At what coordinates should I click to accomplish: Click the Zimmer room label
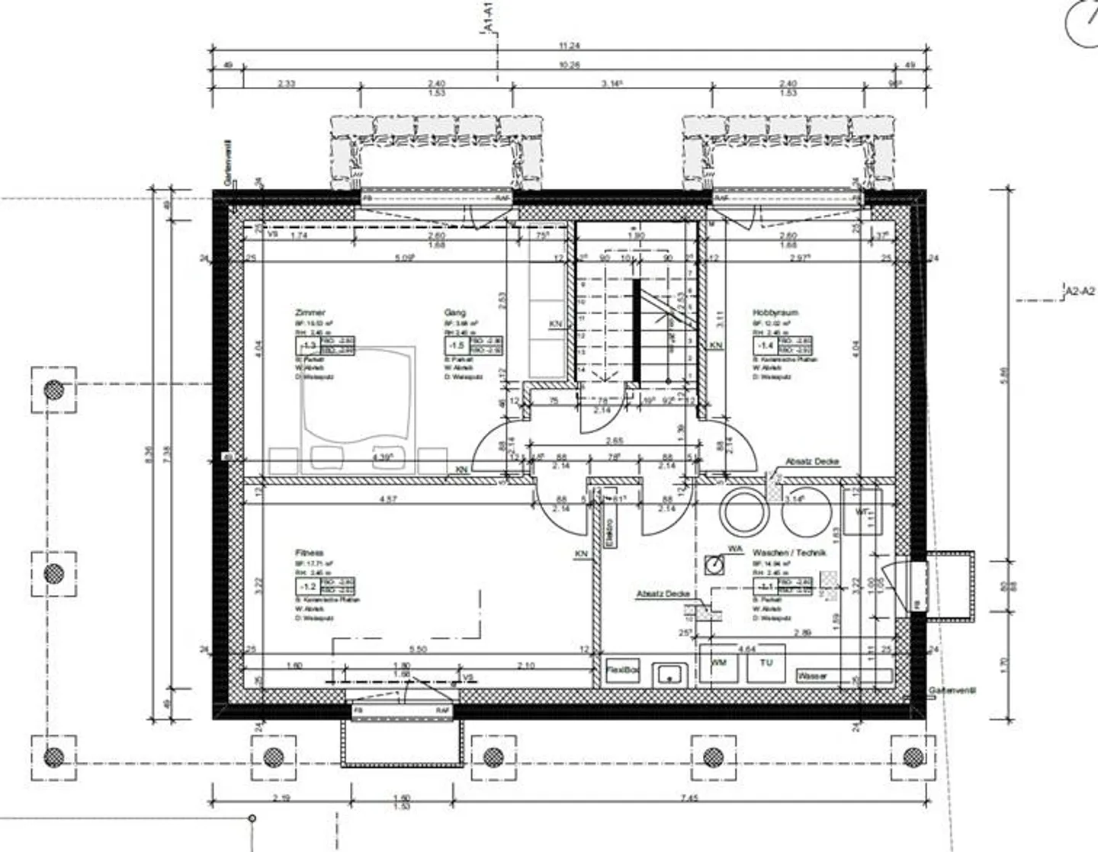[x=310, y=312]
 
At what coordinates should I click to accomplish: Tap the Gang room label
[x=454, y=312]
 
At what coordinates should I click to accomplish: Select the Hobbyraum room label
[x=775, y=312]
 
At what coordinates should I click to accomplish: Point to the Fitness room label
[x=310, y=553]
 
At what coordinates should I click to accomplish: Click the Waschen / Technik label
[x=789, y=553]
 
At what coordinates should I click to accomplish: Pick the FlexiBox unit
[x=622, y=670]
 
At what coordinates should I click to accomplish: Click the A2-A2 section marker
[x=1080, y=290]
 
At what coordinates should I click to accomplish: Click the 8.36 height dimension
[x=149, y=455]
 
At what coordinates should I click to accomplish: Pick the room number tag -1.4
[x=766, y=345]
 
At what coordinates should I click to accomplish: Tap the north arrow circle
[x=1082, y=24]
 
